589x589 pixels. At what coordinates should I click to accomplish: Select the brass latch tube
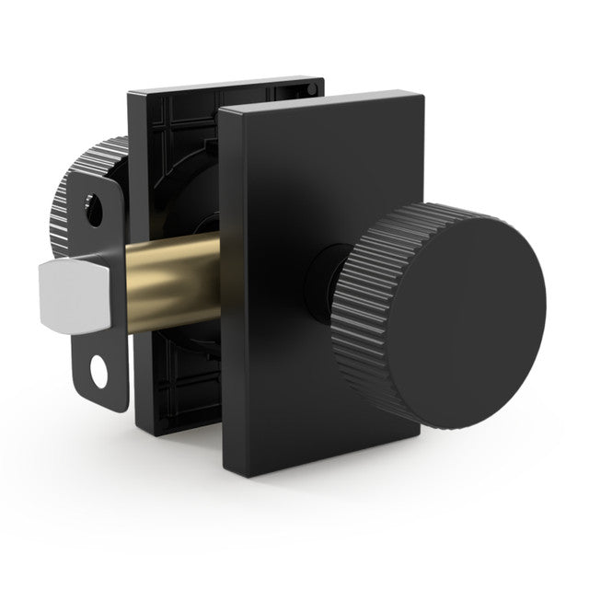point(166,281)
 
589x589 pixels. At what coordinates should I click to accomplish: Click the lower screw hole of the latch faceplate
point(97,374)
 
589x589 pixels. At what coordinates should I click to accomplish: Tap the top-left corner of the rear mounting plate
point(131,93)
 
